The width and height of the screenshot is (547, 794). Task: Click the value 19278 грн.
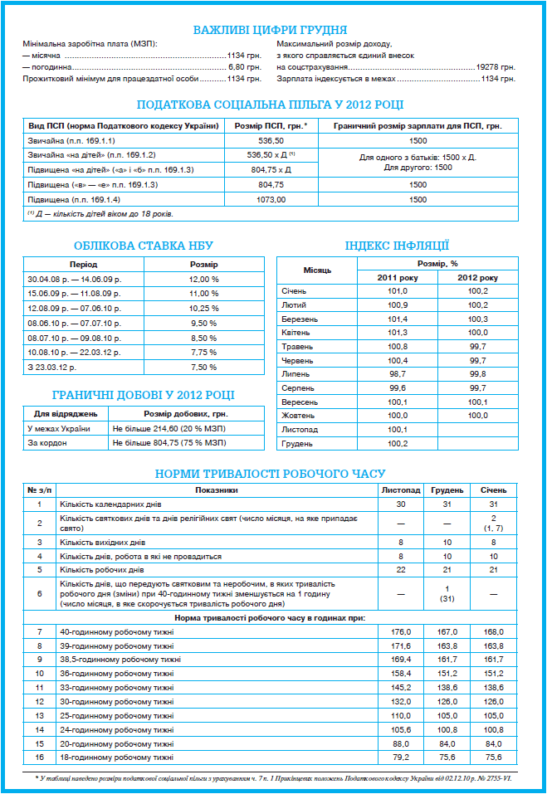(x=496, y=66)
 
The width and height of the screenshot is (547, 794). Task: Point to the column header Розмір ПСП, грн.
(x=271, y=125)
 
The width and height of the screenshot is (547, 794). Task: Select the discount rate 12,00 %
(x=203, y=280)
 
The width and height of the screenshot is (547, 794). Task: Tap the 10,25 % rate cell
(x=203, y=309)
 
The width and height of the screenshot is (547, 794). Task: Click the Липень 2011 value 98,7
(x=398, y=374)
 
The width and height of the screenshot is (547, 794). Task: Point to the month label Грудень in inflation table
(x=296, y=444)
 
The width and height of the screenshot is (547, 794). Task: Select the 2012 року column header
(x=477, y=277)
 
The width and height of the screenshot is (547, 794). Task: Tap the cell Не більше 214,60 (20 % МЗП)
(x=168, y=428)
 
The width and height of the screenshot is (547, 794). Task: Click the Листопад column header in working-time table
(x=401, y=490)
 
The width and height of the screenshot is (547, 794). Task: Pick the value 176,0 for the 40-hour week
(x=401, y=631)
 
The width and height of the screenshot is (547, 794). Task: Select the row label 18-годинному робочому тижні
(x=116, y=757)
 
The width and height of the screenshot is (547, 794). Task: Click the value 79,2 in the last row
(x=401, y=757)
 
